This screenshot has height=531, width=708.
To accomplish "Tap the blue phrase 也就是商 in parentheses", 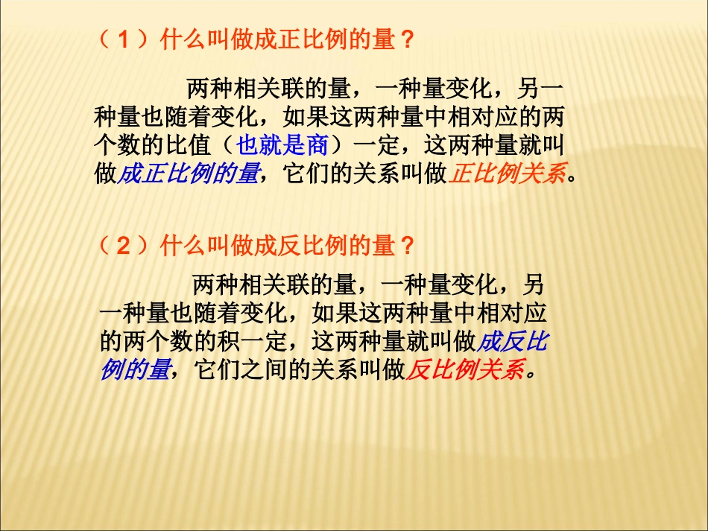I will coord(282,144).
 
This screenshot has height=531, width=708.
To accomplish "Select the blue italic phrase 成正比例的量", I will coord(189,173).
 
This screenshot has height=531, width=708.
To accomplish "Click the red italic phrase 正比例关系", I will coord(506,173).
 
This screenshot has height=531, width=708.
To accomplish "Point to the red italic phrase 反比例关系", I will coord(465,369).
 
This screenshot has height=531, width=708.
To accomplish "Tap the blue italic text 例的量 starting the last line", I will coord(136,369).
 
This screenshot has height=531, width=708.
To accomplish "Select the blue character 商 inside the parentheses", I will coord(317,144).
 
